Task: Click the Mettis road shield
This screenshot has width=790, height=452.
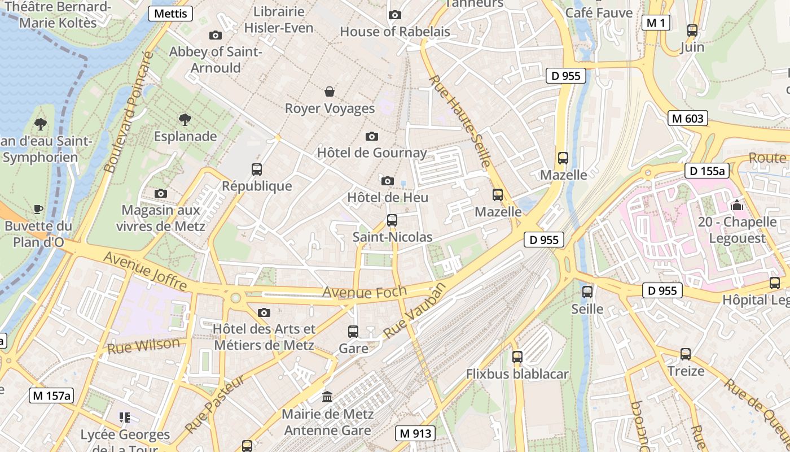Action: coord(170,14)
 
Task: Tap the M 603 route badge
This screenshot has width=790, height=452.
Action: coord(688,118)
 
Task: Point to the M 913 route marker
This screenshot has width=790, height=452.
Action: coord(415,433)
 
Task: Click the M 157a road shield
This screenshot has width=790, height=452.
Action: coord(51,395)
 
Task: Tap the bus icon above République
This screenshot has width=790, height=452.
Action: coord(257,169)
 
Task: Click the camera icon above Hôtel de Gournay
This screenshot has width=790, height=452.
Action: coord(371,136)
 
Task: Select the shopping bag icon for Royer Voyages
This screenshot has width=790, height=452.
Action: coord(330,92)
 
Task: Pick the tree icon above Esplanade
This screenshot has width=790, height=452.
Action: coord(185,119)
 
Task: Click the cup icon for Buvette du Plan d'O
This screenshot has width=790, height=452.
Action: coord(38,210)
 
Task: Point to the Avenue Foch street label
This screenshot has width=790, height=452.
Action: coord(365,292)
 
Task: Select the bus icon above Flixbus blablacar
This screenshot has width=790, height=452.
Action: coord(517,357)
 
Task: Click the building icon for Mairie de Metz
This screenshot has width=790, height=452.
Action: coord(327,397)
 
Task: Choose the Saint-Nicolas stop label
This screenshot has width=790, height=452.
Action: coord(392,237)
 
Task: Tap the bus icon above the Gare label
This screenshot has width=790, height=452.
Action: coord(353,332)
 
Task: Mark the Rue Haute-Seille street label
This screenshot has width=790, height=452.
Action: coord(460,121)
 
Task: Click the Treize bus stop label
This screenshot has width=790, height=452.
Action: coord(686,371)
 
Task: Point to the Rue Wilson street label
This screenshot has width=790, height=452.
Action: coord(143,346)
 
